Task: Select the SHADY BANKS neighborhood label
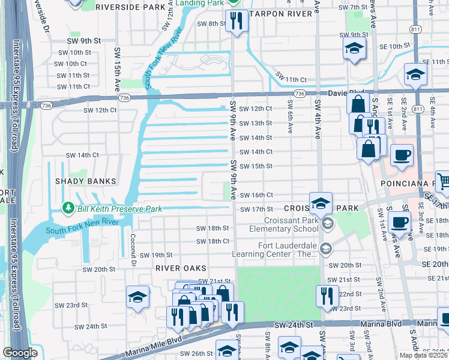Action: (x=80, y=181)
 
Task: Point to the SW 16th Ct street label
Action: (x=256, y=195)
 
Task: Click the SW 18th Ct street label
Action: (x=213, y=241)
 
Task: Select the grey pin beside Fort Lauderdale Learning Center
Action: (x=325, y=248)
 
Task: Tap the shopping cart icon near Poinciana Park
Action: (x=443, y=179)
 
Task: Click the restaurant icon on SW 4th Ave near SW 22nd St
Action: (x=327, y=295)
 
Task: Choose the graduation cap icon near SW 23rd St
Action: (x=137, y=297)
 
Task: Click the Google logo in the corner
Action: (x=20, y=353)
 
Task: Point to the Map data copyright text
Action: (x=423, y=355)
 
